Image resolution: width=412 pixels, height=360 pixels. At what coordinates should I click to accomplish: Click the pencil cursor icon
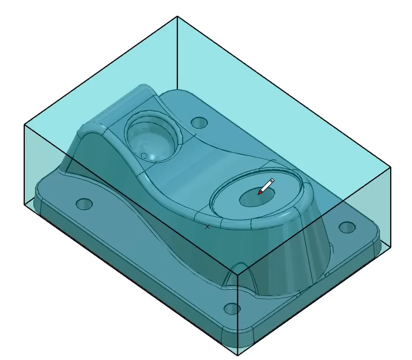[x=266, y=186]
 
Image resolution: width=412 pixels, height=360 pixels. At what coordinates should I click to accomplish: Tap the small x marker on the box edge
[x=207, y=227]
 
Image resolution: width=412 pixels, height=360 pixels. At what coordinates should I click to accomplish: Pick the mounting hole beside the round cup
[x=199, y=123]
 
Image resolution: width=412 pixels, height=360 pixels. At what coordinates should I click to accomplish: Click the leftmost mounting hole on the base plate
[x=84, y=204]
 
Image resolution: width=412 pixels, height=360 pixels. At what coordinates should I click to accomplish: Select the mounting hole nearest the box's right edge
[x=346, y=227]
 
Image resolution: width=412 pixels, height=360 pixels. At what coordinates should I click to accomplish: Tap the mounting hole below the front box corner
[x=232, y=309]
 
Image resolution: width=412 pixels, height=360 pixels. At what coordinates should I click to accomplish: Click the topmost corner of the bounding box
[x=177, y=16]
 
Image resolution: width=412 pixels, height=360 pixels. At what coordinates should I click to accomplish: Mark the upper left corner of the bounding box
[x=24, y=125]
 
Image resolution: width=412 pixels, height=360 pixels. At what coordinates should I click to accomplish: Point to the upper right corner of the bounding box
[x=391, y=167]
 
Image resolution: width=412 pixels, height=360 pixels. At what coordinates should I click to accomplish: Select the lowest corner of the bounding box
[x=237, y=355]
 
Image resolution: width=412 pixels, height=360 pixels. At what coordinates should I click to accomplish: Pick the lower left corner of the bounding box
[x=24, y=204]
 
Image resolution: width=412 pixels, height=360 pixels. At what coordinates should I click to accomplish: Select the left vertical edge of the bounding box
[x=24, y=164]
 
